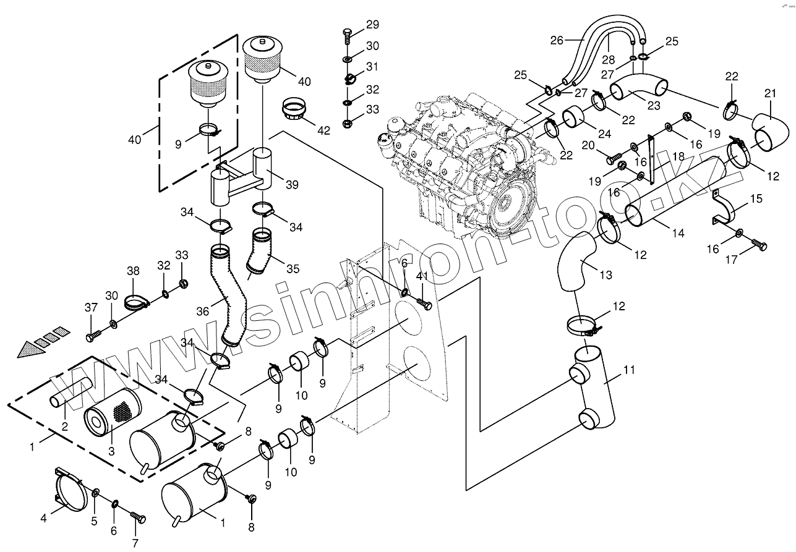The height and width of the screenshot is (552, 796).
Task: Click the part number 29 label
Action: coord(372,25)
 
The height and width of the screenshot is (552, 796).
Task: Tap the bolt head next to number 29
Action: coord(348,32)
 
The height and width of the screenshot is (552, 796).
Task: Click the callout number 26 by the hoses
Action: coord(557,41)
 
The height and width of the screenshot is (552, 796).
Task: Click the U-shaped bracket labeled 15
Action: coord(723,210)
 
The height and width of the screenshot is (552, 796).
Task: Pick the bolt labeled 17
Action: coord(759,245)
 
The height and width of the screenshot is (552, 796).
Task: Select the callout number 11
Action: coord(629,370)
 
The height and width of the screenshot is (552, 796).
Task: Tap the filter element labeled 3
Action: coord(113,415)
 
